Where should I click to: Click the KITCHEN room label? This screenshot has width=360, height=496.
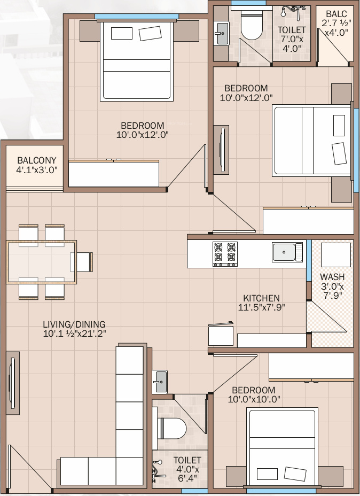point(261,298)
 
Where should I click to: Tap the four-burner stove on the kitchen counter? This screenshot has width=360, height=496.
point(225,254)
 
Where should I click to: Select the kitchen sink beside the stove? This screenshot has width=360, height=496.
point(287,252)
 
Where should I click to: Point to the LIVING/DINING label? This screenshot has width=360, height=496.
point(74,324)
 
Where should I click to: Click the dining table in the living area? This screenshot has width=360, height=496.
point(42,262)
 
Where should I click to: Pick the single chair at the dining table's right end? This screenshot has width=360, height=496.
point(84,262)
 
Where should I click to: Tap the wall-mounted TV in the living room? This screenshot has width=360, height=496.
point(13,383)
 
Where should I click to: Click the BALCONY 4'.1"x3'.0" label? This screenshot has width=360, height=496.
point(37,165)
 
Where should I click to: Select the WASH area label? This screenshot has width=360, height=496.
point(332,277)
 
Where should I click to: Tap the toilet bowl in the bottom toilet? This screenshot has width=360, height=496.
point(170,428)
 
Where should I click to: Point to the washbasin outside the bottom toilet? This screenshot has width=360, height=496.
point(160,382)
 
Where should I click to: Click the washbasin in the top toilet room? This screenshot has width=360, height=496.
point(222,33)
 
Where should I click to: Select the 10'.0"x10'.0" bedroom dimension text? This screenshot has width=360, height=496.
point(254,399)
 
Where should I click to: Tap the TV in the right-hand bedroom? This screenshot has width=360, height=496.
point(222,150)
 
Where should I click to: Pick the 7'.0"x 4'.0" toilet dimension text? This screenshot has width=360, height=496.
point(292,44)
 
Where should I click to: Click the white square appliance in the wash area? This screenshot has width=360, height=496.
point(335,255)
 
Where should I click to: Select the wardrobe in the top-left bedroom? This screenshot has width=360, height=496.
point(114,173)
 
